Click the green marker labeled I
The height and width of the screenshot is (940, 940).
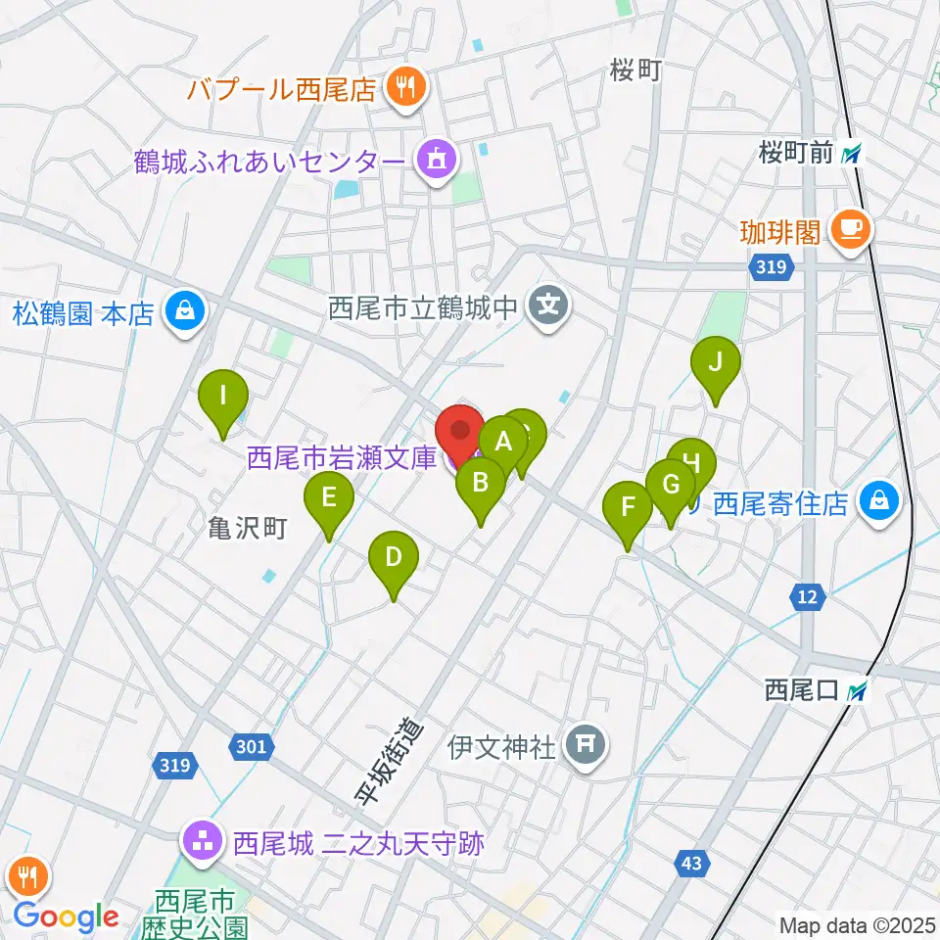point(223,397)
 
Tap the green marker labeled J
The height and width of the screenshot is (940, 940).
point(715,363)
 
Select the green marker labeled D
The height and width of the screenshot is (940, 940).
point(393,558)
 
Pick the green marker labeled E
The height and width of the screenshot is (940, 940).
point(329,497)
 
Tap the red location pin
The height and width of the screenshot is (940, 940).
point(459,430)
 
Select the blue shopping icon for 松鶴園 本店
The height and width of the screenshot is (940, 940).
point(182,313)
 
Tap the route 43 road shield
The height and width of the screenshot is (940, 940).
point(691,863)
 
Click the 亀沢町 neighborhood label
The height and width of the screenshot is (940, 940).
point(248,529)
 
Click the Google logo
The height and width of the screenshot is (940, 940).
point(66,916)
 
